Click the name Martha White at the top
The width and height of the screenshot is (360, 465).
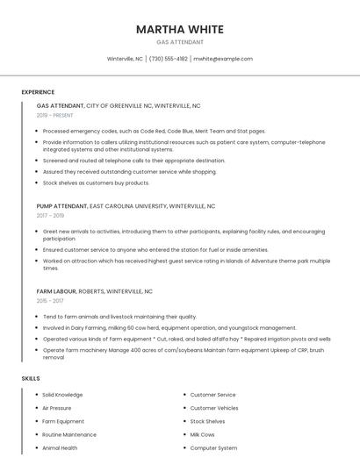(x=180, y=30)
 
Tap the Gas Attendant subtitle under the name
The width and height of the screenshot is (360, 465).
(x=180, y=42)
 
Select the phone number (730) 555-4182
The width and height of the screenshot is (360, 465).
(x=169, y=59)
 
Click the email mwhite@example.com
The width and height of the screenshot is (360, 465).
(x=223, y=59)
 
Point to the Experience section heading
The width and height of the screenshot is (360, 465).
(x=38, y=92)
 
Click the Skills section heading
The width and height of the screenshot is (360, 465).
(x=31, y=378)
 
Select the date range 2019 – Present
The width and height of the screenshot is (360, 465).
(x=56, y=115)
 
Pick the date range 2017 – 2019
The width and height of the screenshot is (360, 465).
(x=50, y=215)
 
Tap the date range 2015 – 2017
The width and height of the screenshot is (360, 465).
(x=50, y=300)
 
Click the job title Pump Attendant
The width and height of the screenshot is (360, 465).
(x=61, y=206)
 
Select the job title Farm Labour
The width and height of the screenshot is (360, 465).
(x=56, y=291)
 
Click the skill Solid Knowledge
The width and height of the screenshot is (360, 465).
(x=62, y=395)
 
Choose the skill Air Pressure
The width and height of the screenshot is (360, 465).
(x=57, y=408)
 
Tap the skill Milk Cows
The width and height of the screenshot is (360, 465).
(x=202, y=434)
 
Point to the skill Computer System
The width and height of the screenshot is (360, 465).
(x=213, y=447)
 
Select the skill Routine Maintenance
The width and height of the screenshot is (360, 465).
(x=69, y=434)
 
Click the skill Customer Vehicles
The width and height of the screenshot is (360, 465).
(x=214, y=408)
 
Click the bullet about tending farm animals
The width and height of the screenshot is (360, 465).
(x=119, y=317)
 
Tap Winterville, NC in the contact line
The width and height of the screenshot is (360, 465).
(x=125, y=59)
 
